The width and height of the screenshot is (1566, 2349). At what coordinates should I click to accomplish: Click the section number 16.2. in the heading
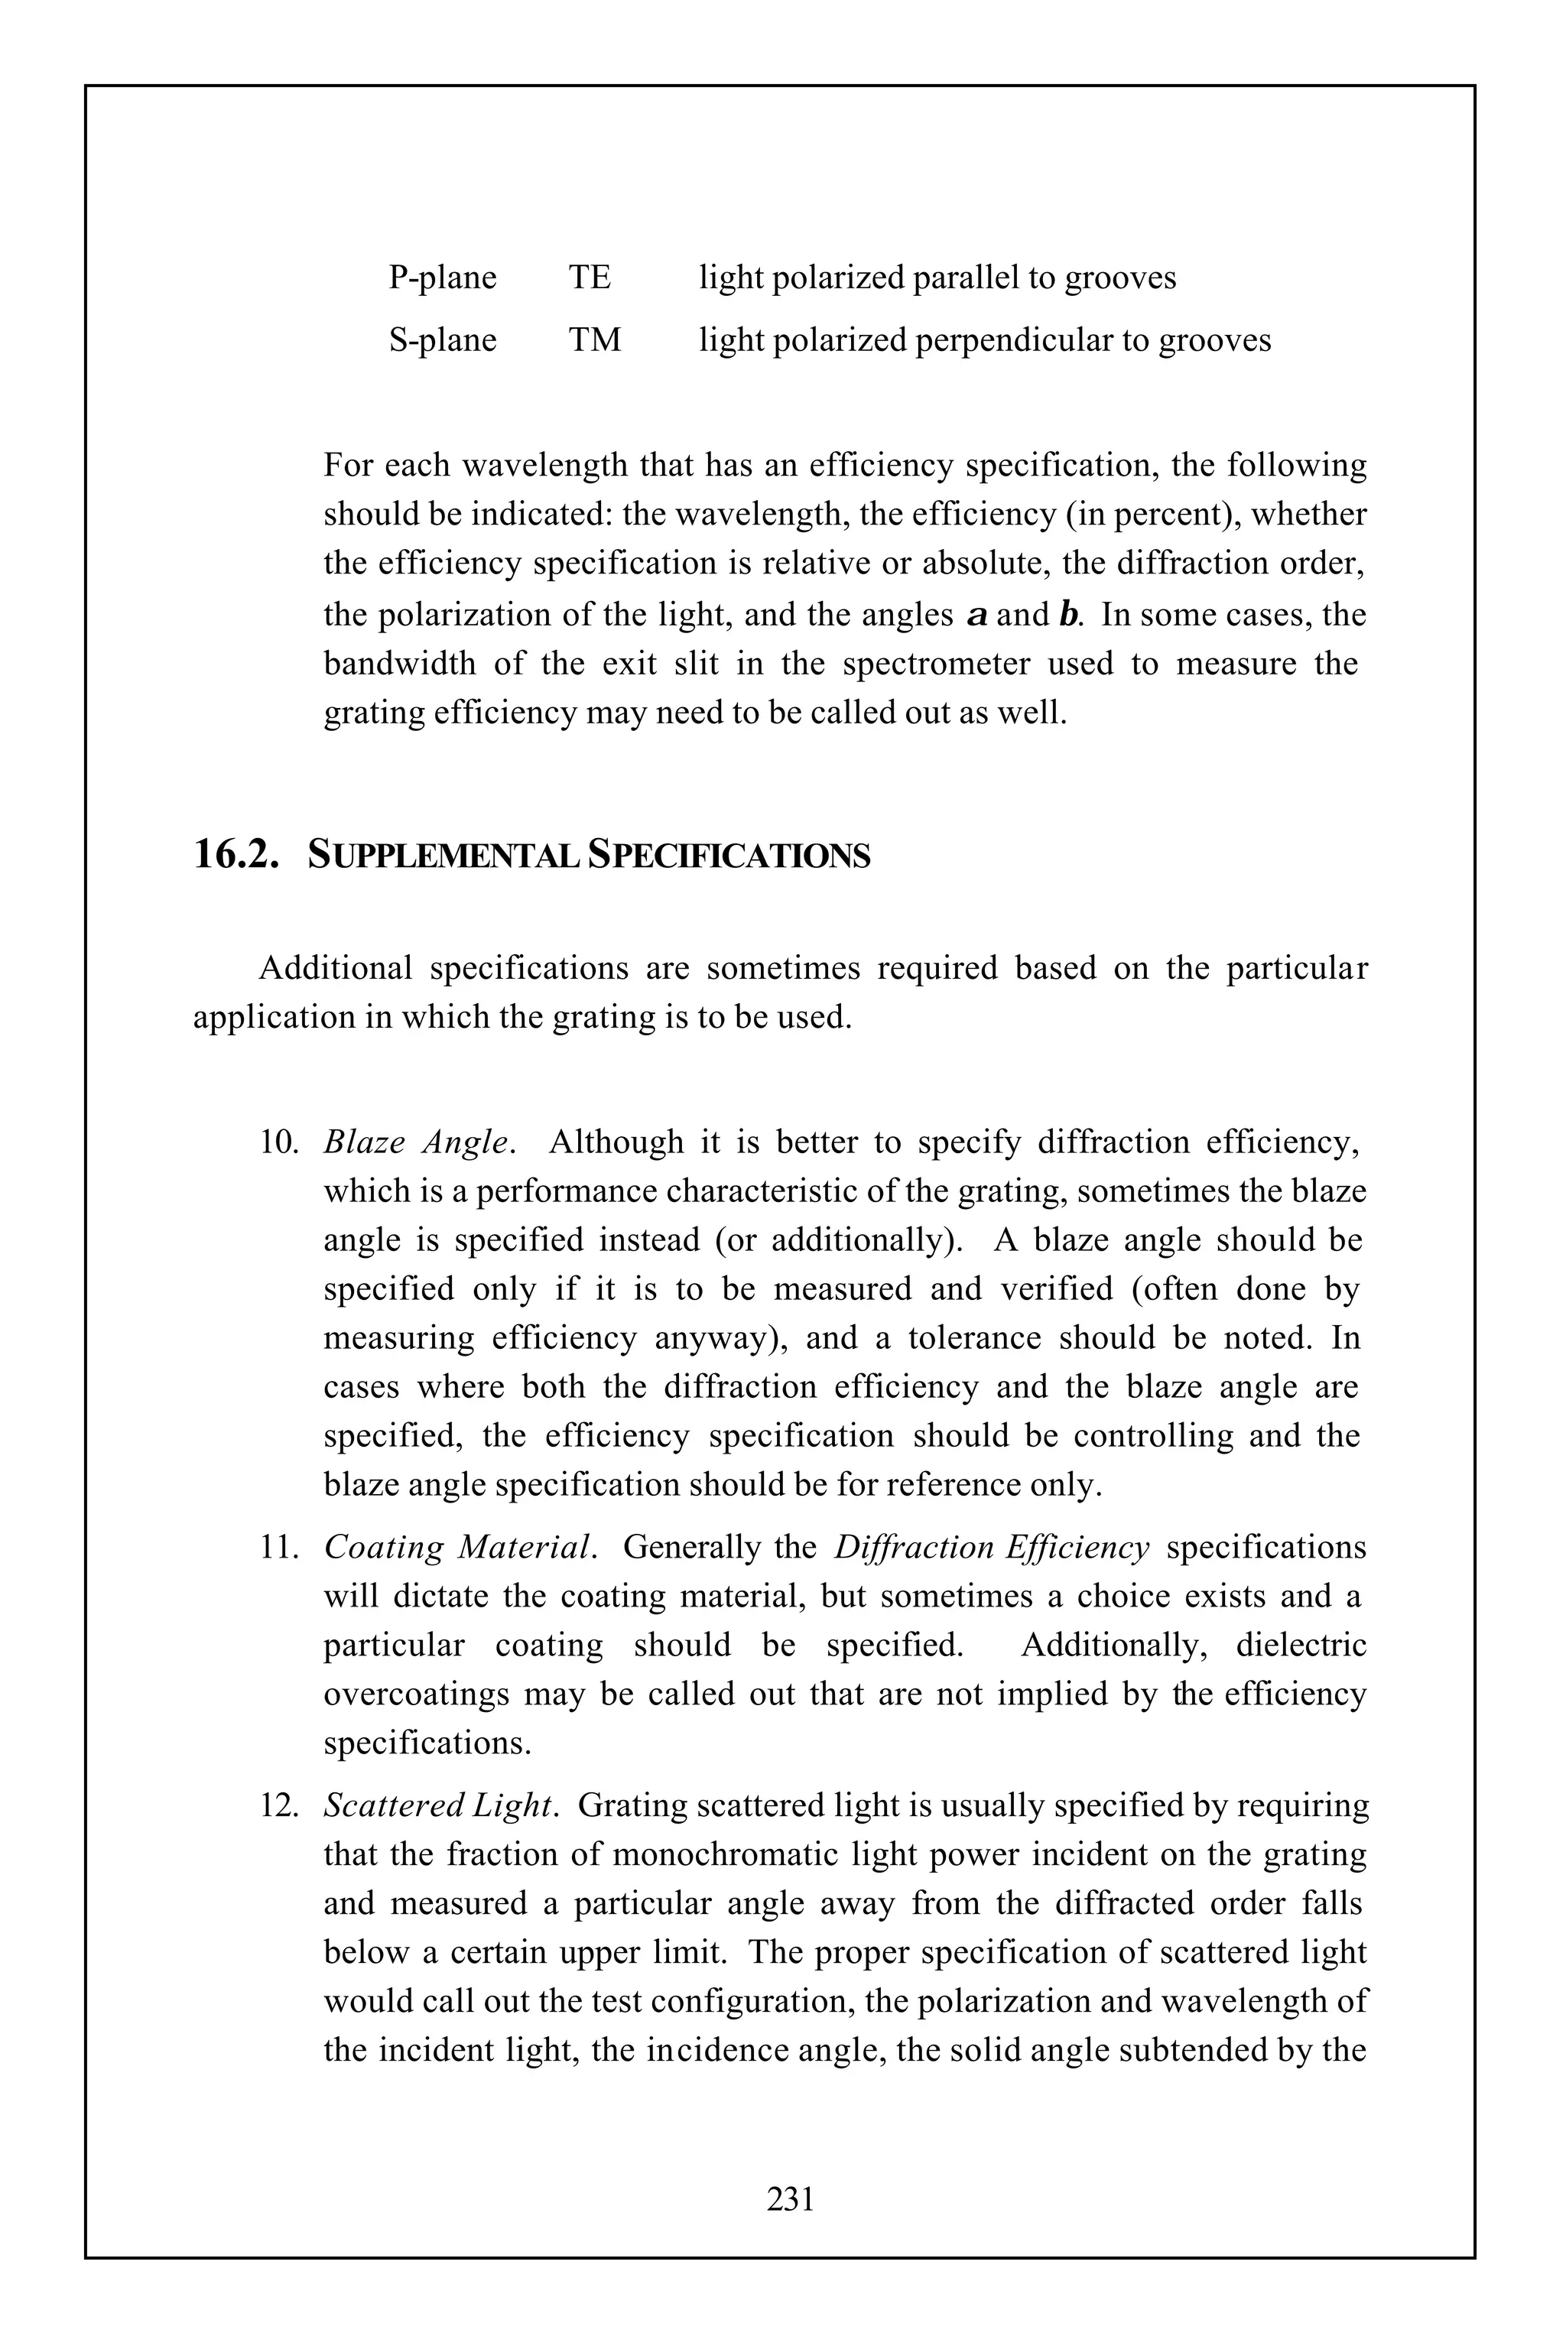(x=236, y=856)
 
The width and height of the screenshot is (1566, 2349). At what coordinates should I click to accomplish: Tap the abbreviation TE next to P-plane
(x=590, y=278)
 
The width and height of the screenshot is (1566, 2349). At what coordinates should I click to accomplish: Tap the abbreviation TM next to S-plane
(x=594, y=340)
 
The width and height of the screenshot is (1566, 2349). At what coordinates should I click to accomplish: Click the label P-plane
(x=443, y=278)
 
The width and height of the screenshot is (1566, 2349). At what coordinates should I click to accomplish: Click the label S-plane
(x=443, y=340)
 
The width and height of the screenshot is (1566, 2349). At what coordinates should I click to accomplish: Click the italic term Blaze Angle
(x=417, y=1142)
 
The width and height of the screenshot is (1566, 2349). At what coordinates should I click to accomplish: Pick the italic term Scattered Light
(x=437, y=1805)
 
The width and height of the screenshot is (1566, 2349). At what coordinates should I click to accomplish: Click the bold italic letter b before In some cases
(x=1067, y=614)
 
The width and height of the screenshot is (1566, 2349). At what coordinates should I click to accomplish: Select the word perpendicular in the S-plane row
(x=1014, y=340)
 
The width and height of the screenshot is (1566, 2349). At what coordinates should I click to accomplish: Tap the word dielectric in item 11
(x=1301, y=1645)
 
